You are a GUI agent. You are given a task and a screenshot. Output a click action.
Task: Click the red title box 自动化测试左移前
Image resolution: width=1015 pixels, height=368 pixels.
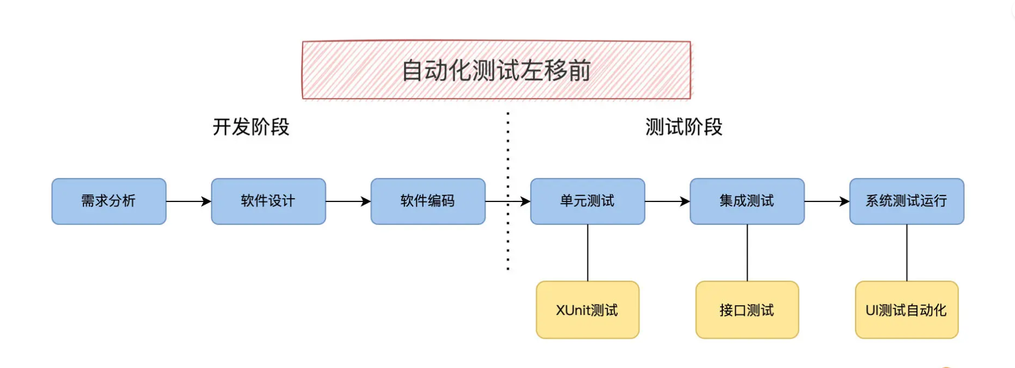click(496, 70)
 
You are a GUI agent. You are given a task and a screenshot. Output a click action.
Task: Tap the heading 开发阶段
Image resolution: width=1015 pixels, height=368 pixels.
click(251, 127)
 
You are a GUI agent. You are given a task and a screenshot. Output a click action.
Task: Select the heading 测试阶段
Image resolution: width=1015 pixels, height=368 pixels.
click(684, 127)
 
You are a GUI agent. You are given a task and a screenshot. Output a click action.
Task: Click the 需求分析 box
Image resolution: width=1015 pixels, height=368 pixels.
click(109, 201)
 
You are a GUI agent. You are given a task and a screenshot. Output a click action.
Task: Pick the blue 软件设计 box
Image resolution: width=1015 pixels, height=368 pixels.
click(268, 201)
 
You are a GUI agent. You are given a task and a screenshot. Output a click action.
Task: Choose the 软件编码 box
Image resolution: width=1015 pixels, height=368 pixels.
click(428, 201)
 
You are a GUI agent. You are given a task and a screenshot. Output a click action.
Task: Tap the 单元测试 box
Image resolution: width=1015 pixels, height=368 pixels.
click(588, 201)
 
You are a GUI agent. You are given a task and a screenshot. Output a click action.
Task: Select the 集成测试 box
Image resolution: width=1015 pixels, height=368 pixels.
click(747, 201)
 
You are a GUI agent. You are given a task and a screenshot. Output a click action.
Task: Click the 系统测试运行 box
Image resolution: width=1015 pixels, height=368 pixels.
click(907, 201)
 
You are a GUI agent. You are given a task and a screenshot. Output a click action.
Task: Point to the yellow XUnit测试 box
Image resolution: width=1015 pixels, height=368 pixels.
click(588, 310)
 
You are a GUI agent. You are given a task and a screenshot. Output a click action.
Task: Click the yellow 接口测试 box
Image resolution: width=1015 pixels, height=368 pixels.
click(747, 310)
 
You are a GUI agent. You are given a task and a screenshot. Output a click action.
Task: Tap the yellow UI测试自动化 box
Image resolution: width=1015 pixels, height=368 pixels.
click(907, 310)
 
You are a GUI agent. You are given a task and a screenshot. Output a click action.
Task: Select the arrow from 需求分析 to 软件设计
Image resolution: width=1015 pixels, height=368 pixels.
click(189, 201)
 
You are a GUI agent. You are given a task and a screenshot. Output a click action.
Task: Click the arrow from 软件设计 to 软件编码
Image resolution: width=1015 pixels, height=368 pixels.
click(348, 201)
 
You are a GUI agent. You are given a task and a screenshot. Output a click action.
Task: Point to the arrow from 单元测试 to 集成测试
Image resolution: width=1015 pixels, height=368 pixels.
click(667, 201)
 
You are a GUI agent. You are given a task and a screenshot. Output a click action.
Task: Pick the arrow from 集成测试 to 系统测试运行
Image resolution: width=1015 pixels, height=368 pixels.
click(826, 201)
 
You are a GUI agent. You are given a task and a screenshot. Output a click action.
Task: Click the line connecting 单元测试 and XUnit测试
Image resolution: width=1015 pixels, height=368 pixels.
click(588, 253)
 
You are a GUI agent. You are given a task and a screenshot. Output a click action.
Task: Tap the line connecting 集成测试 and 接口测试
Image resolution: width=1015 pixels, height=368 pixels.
click(747, 253)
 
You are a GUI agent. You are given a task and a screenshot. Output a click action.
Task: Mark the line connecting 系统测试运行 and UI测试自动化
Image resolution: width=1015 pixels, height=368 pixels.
click(907, 253)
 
